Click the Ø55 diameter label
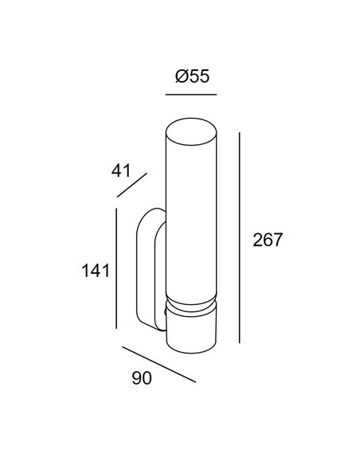point(191,77)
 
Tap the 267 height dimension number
point(268,240)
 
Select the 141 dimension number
point(94,271)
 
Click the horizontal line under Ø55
point(191,95)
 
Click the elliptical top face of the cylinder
point(191,127)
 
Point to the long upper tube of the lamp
point(191,215)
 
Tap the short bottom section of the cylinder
point(191,330)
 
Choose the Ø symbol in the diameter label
point(179,77)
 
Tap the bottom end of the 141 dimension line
point(117,328)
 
